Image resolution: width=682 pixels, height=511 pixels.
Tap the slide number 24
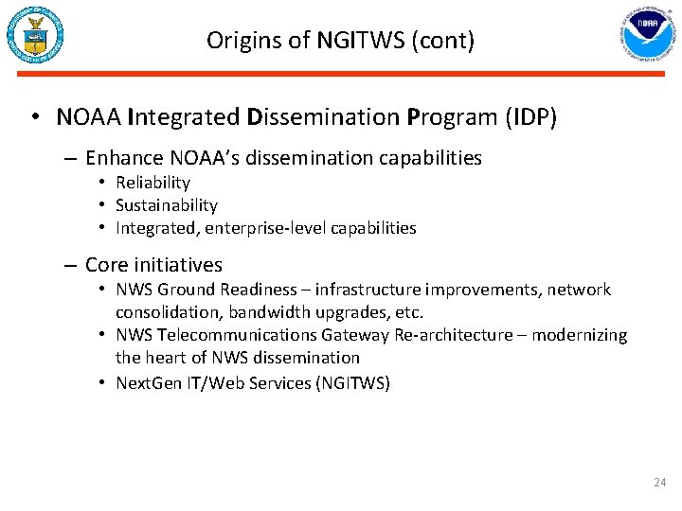pos(660,484)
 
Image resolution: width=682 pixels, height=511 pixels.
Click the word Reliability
pos(153,183)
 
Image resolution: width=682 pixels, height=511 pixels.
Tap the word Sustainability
pos(167,205)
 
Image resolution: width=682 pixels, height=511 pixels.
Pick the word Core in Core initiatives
pos(105,265)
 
